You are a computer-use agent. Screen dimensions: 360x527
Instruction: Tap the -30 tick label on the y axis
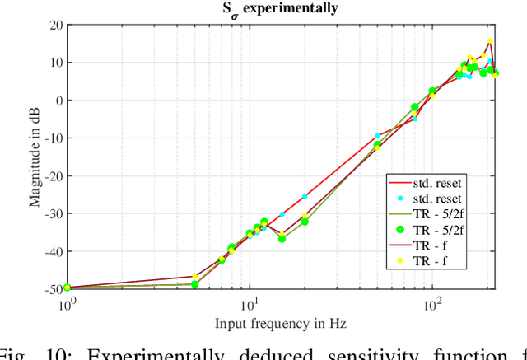[51, 213]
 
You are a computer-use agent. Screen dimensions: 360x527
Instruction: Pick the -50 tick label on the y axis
[51, 289]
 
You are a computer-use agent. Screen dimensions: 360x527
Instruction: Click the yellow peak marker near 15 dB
[490, 41]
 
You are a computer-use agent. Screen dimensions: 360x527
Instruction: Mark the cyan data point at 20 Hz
[305, 196]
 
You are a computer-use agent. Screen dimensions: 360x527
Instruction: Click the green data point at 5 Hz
[195, 284]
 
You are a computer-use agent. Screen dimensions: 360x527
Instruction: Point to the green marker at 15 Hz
[282, 238]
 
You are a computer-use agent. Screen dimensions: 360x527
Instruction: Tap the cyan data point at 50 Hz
[377, 136]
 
